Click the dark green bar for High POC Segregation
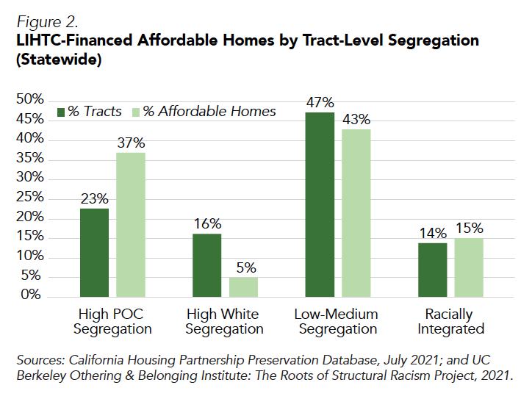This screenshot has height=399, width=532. [x=95, y=252]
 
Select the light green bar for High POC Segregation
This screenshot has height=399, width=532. [x=131, y=224]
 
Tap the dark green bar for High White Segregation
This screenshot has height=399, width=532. [x=206, y=265]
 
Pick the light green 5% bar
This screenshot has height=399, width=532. [x=243, y=287]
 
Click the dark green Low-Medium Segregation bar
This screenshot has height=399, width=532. [x=320, y=204]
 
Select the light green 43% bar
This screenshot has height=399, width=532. [x=356, y=212]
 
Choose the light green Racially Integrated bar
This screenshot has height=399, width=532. [x=468, y=267]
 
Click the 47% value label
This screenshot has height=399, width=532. [x=320, y=102]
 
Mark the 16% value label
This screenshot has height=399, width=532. [x=206, y=223]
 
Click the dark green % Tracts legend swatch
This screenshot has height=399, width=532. [x=62, y=112]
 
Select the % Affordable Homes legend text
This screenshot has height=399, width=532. [x=209, y=112]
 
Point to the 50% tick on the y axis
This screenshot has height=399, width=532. [x=30, y=99]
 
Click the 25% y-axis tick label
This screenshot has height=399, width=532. [x=30, y=198]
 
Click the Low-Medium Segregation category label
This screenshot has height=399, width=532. [x=337, y=321]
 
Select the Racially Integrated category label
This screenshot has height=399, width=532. [x=450, y=321]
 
